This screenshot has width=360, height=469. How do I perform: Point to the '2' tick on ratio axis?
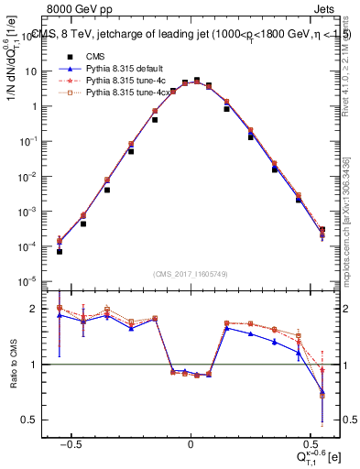click(x=39, y=309)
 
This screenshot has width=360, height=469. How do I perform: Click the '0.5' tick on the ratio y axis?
click(x=35, y=420)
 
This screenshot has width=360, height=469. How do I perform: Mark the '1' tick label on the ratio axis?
click(x=39, y=365)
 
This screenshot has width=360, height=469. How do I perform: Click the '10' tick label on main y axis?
click(x=36, y=71)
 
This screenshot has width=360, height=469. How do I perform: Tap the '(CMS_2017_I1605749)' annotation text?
click(x=191, y=274)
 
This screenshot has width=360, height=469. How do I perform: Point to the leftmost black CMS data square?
click(x=59, y=251)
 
